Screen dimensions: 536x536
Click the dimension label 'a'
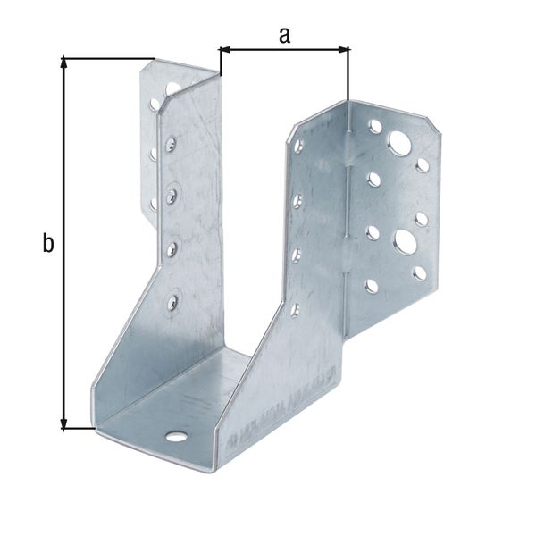284,35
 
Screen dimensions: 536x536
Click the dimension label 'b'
48,242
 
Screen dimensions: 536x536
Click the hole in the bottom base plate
177,437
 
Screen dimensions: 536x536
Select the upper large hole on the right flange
399,143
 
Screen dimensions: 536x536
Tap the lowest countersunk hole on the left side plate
169,301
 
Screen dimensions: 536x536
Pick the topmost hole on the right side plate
298,146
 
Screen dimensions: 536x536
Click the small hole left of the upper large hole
375,127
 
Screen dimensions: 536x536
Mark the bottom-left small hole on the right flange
372,287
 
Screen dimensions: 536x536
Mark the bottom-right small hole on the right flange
419,273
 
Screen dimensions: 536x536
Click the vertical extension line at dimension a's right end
349,76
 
